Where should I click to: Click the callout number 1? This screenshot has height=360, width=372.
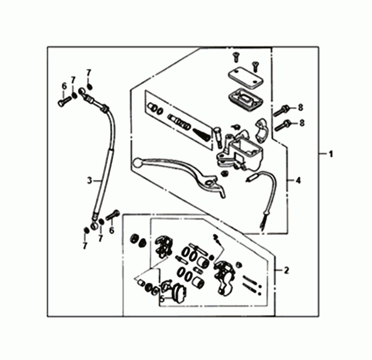pyautogui.click(x=331, y=153)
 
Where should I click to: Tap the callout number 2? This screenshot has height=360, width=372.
pyautogui.click(x=286, y=270)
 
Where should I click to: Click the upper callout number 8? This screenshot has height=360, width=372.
pyautogui.click(x=300, y=108)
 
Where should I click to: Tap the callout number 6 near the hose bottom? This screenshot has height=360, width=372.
pyautogui.click(x=112, y=230)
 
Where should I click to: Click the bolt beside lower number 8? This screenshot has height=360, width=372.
pyautogui.click(x=282, y=125)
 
